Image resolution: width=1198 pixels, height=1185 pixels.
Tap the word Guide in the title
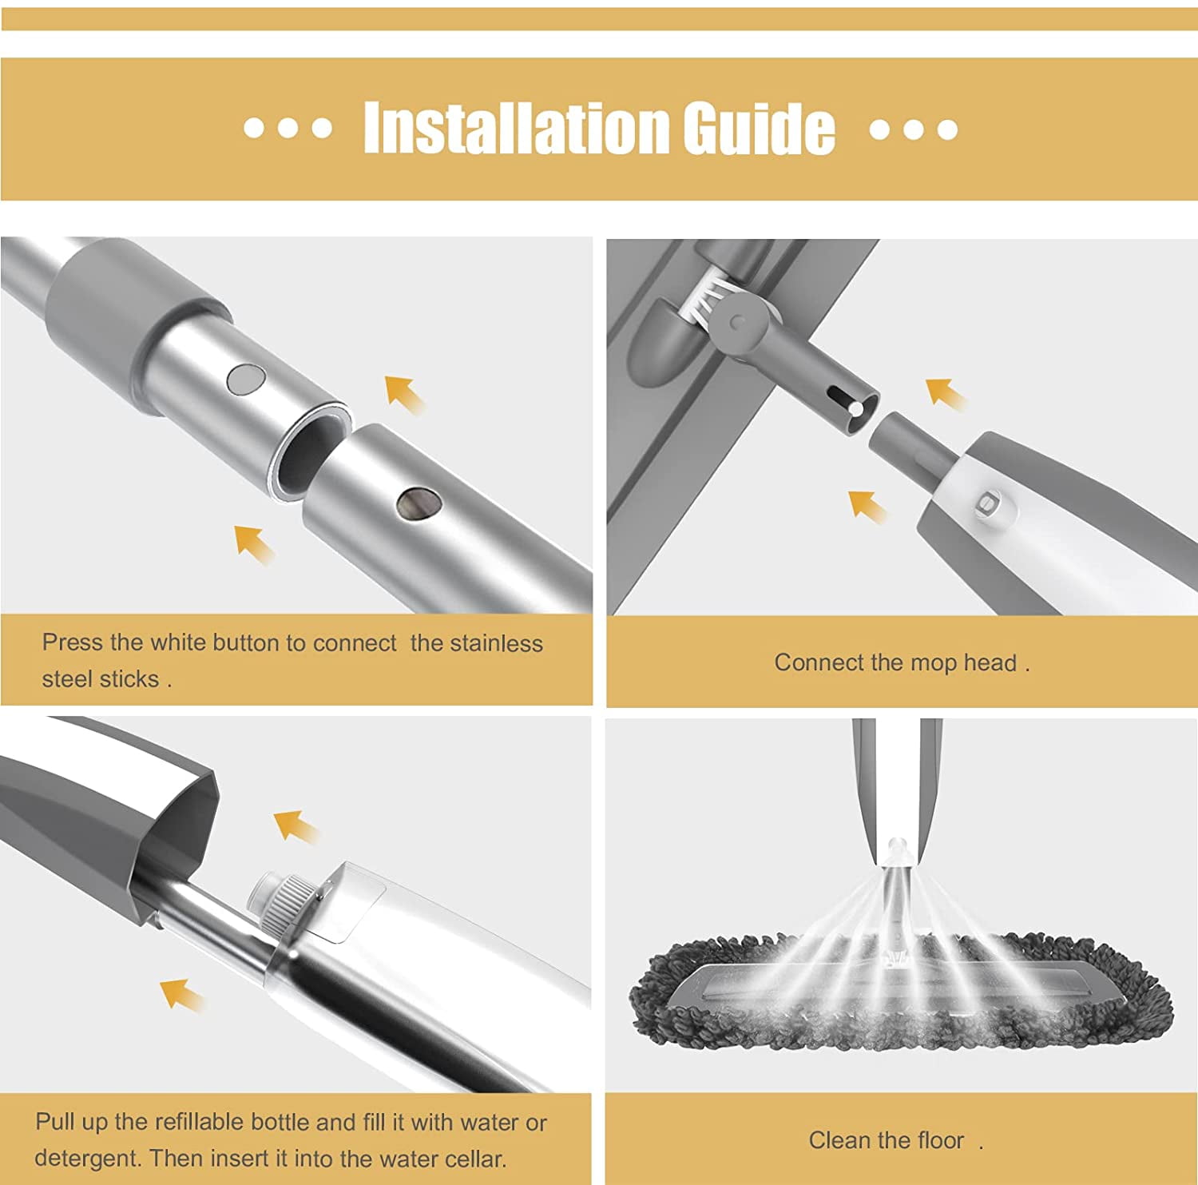point(759,128)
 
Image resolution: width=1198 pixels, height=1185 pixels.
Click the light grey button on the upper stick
point(245,379)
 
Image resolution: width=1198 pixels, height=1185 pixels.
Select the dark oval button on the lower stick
point(419,504)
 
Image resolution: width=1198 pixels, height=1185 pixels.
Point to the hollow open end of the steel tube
point(307,451)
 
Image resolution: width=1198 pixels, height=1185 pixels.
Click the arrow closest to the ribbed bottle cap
point(296,825)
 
